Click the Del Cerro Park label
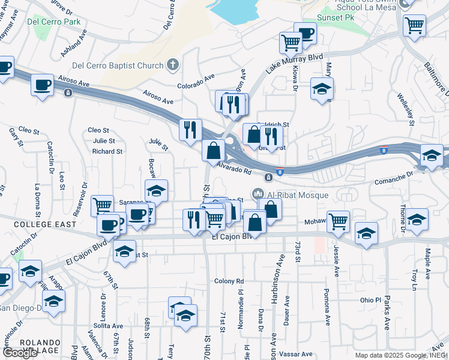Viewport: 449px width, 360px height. (53, 22)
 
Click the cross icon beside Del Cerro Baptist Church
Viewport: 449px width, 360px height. (172, 65)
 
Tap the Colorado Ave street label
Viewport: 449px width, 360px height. (196, 80)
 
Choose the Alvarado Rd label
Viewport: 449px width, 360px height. (234, 169)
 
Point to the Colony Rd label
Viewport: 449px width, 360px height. (229, 281)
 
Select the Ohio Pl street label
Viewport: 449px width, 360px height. (370, 299)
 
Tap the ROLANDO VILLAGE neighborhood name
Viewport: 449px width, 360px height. (39, 346)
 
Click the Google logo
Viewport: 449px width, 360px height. (20, 353)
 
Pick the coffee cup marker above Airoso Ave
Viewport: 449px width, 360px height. (42, 85)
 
